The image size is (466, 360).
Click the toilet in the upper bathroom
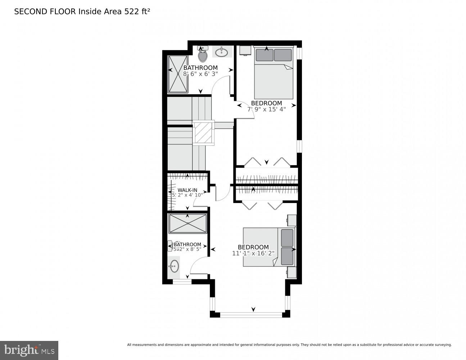pyautogui.click(x=203, y=55)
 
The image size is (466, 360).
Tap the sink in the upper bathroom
pyautogui.click(x=222, y=52)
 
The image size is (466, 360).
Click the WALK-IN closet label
pyautogui.click(x=187, y=190)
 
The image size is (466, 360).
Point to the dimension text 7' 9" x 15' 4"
pyautogui.click(x=266, y=109)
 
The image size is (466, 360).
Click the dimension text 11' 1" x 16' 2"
pyautogui.click(x=253, y=253)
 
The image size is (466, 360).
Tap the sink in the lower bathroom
pyautogui.click(x=174, y=266)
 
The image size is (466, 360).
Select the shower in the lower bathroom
pyautogui.click(x=187, y=224)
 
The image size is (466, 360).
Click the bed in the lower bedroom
pyautogui.click(x=268, y=247)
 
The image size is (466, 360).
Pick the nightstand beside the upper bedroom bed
pyautogui.click(x=245, y=51)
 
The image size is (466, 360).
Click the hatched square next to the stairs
pyautogui.click(x=204, y=132)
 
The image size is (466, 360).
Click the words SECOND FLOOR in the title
pyautogui.click(x=45, y=12)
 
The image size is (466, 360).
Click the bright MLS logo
pyautogui.click(x=29, y=350)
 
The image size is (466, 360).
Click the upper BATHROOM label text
pyautogui.click(x=200, y=68)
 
